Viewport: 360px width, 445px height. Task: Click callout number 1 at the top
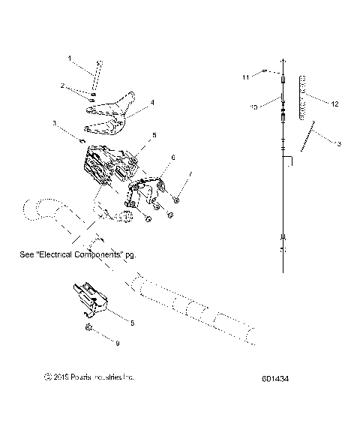pyautogui.click(x=70, y=58)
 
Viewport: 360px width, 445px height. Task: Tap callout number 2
pyautogui.click(x=64, y=87)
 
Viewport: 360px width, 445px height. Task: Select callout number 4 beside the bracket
pyautogui.click(x=152, y=102)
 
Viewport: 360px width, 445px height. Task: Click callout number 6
pyautogui.click(x=173, y=158)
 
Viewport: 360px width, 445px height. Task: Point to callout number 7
pyautogui.click(x=190, y=174)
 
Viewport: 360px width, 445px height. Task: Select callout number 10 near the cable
pyautogui.click(x=254, y=108)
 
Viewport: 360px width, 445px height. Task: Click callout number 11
pyautogui.click(x=245, y=77)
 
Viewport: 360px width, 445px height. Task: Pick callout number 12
pyautogui.click(x=335, y=102)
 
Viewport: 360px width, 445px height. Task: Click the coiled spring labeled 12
pyautogui.click(x=303, y=97)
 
